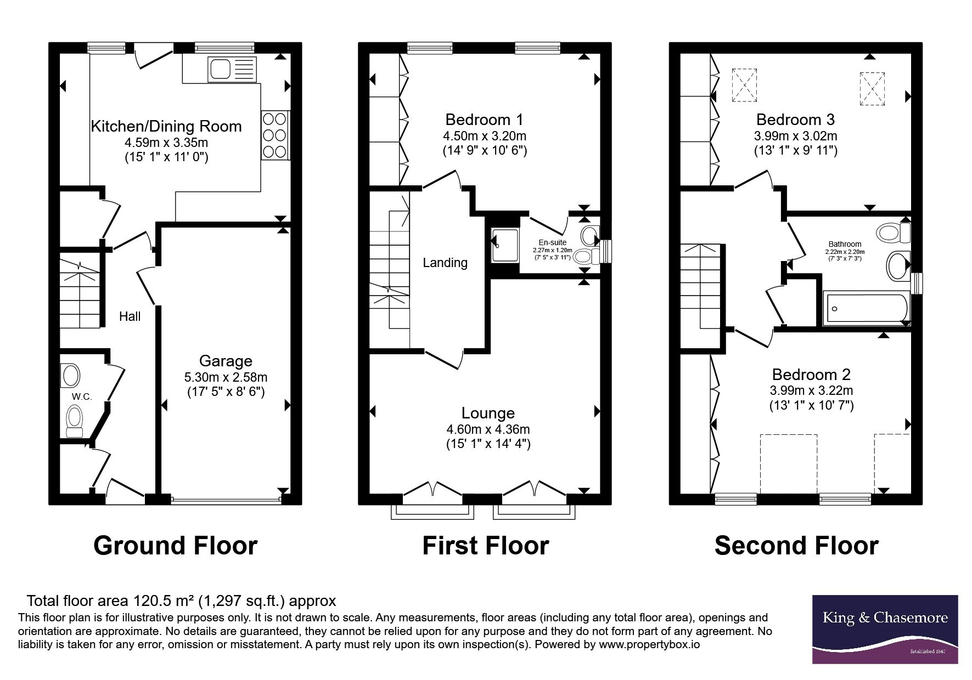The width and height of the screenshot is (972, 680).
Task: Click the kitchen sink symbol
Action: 232,69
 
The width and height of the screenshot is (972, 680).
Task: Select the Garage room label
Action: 226,361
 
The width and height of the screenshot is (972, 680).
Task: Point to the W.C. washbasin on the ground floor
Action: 71,376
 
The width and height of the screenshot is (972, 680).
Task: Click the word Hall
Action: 130,316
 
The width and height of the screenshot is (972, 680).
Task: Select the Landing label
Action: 445,263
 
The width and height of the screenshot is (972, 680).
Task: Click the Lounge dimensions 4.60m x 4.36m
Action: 488,429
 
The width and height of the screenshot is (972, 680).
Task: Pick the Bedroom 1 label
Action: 484,120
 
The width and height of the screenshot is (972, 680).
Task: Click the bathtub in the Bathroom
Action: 867,309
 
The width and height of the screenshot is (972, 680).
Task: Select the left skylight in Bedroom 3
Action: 744,85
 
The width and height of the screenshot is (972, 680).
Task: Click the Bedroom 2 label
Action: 811,375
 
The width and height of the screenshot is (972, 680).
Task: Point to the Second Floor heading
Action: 796,546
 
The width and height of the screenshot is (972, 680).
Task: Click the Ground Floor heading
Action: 175,546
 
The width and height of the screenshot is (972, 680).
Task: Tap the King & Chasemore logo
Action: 885,629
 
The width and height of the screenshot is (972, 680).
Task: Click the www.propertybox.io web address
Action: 649,645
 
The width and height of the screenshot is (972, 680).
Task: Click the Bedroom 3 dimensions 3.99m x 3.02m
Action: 795,136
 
